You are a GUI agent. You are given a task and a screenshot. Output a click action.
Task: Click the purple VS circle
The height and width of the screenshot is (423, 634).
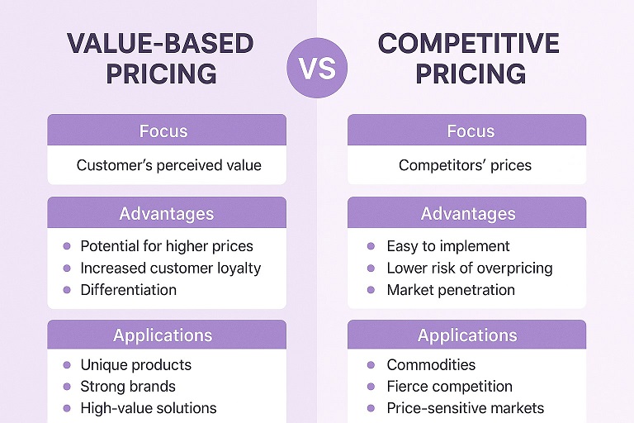(x=318, y=67)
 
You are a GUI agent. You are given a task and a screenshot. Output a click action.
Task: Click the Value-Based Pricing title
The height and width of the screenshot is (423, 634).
(x=162, y=58)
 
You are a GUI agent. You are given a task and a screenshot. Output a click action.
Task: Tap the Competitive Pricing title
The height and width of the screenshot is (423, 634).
(x=469, y=58)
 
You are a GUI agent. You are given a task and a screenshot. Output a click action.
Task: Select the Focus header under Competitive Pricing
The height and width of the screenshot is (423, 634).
(x=467, y=131)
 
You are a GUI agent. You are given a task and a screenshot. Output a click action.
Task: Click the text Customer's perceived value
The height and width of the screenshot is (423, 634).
(x=168, y=165)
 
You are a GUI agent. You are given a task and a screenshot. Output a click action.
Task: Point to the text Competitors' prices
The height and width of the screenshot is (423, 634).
(x=465, y=165)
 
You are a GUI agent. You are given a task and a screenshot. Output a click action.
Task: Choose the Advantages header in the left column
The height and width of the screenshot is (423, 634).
(x=167, y=213)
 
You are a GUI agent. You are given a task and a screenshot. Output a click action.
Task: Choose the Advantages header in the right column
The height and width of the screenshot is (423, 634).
(x=467, y=213)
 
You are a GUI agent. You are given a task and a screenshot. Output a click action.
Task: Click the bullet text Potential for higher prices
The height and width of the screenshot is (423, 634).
(x=166, y=246)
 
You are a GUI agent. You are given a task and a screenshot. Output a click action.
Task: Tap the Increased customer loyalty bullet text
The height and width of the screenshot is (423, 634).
(x=170, y=268)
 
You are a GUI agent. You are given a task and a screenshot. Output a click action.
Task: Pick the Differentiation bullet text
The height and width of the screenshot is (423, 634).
(x=128, y=290)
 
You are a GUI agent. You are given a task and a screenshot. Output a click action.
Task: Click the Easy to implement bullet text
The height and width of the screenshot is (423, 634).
(x=447, y=246)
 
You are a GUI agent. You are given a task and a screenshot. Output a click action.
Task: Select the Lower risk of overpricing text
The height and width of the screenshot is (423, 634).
(x=469, y=268)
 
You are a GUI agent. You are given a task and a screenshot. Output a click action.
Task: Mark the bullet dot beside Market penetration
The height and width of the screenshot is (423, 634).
(x=372, y=290)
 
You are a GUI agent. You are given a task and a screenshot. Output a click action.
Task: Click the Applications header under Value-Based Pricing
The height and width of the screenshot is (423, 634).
(x=163, y=335)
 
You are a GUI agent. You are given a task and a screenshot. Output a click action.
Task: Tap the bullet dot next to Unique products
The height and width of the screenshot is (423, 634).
(x=66, y=365)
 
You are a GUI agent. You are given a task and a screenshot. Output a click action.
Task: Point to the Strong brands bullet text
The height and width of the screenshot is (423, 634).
(x=127, y=387)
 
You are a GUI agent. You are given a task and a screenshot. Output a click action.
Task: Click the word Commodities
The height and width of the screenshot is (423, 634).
(x=431, y=365)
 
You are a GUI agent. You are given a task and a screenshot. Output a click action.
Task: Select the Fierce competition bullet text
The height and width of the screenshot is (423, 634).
(x=449, y=387)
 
